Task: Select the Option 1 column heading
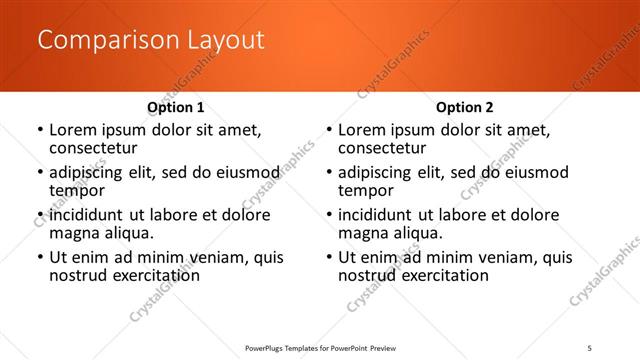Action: coord(175,107)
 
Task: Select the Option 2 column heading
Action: coord(464,107)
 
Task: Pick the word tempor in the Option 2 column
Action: coord(365,190)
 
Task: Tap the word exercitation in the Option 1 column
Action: coord(152,275)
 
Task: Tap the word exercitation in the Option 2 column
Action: coord(441,275)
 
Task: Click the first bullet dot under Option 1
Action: coord(40,130)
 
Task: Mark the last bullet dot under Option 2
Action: coord(329,258)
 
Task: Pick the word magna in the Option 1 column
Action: coord(72,233)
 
